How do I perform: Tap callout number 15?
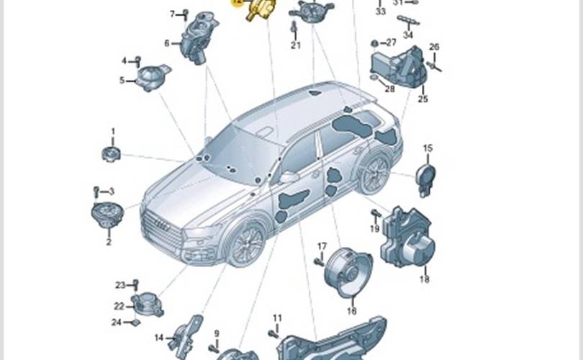[428, 148]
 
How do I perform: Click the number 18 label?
[424, 279]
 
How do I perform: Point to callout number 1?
[112, 131]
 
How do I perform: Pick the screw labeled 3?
[96, 191]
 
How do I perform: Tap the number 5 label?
[122, 80]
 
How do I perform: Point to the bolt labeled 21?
[294, 29]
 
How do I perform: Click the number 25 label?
[422, 99]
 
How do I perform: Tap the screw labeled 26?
[434, 66]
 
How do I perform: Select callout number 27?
[391, 42]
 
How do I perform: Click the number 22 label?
[119, 306]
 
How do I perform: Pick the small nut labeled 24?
[135, 323]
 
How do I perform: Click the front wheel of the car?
[244, 243]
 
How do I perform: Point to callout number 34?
[408, 35]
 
